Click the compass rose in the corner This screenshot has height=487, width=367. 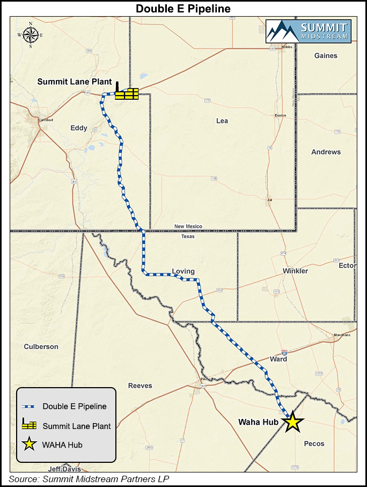31,34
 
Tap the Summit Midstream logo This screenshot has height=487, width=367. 308,31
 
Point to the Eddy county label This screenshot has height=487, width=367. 79,128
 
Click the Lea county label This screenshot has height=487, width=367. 222,121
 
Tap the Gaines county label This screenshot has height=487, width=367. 326,55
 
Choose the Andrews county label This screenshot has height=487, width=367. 326,152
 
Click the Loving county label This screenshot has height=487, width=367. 183,271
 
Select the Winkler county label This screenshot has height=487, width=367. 296,271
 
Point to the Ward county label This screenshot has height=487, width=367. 278,359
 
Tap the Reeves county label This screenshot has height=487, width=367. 140,386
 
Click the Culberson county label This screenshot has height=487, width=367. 41,347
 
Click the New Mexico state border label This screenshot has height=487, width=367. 188,227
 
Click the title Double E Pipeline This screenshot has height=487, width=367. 183,9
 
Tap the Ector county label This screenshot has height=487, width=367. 347,266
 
